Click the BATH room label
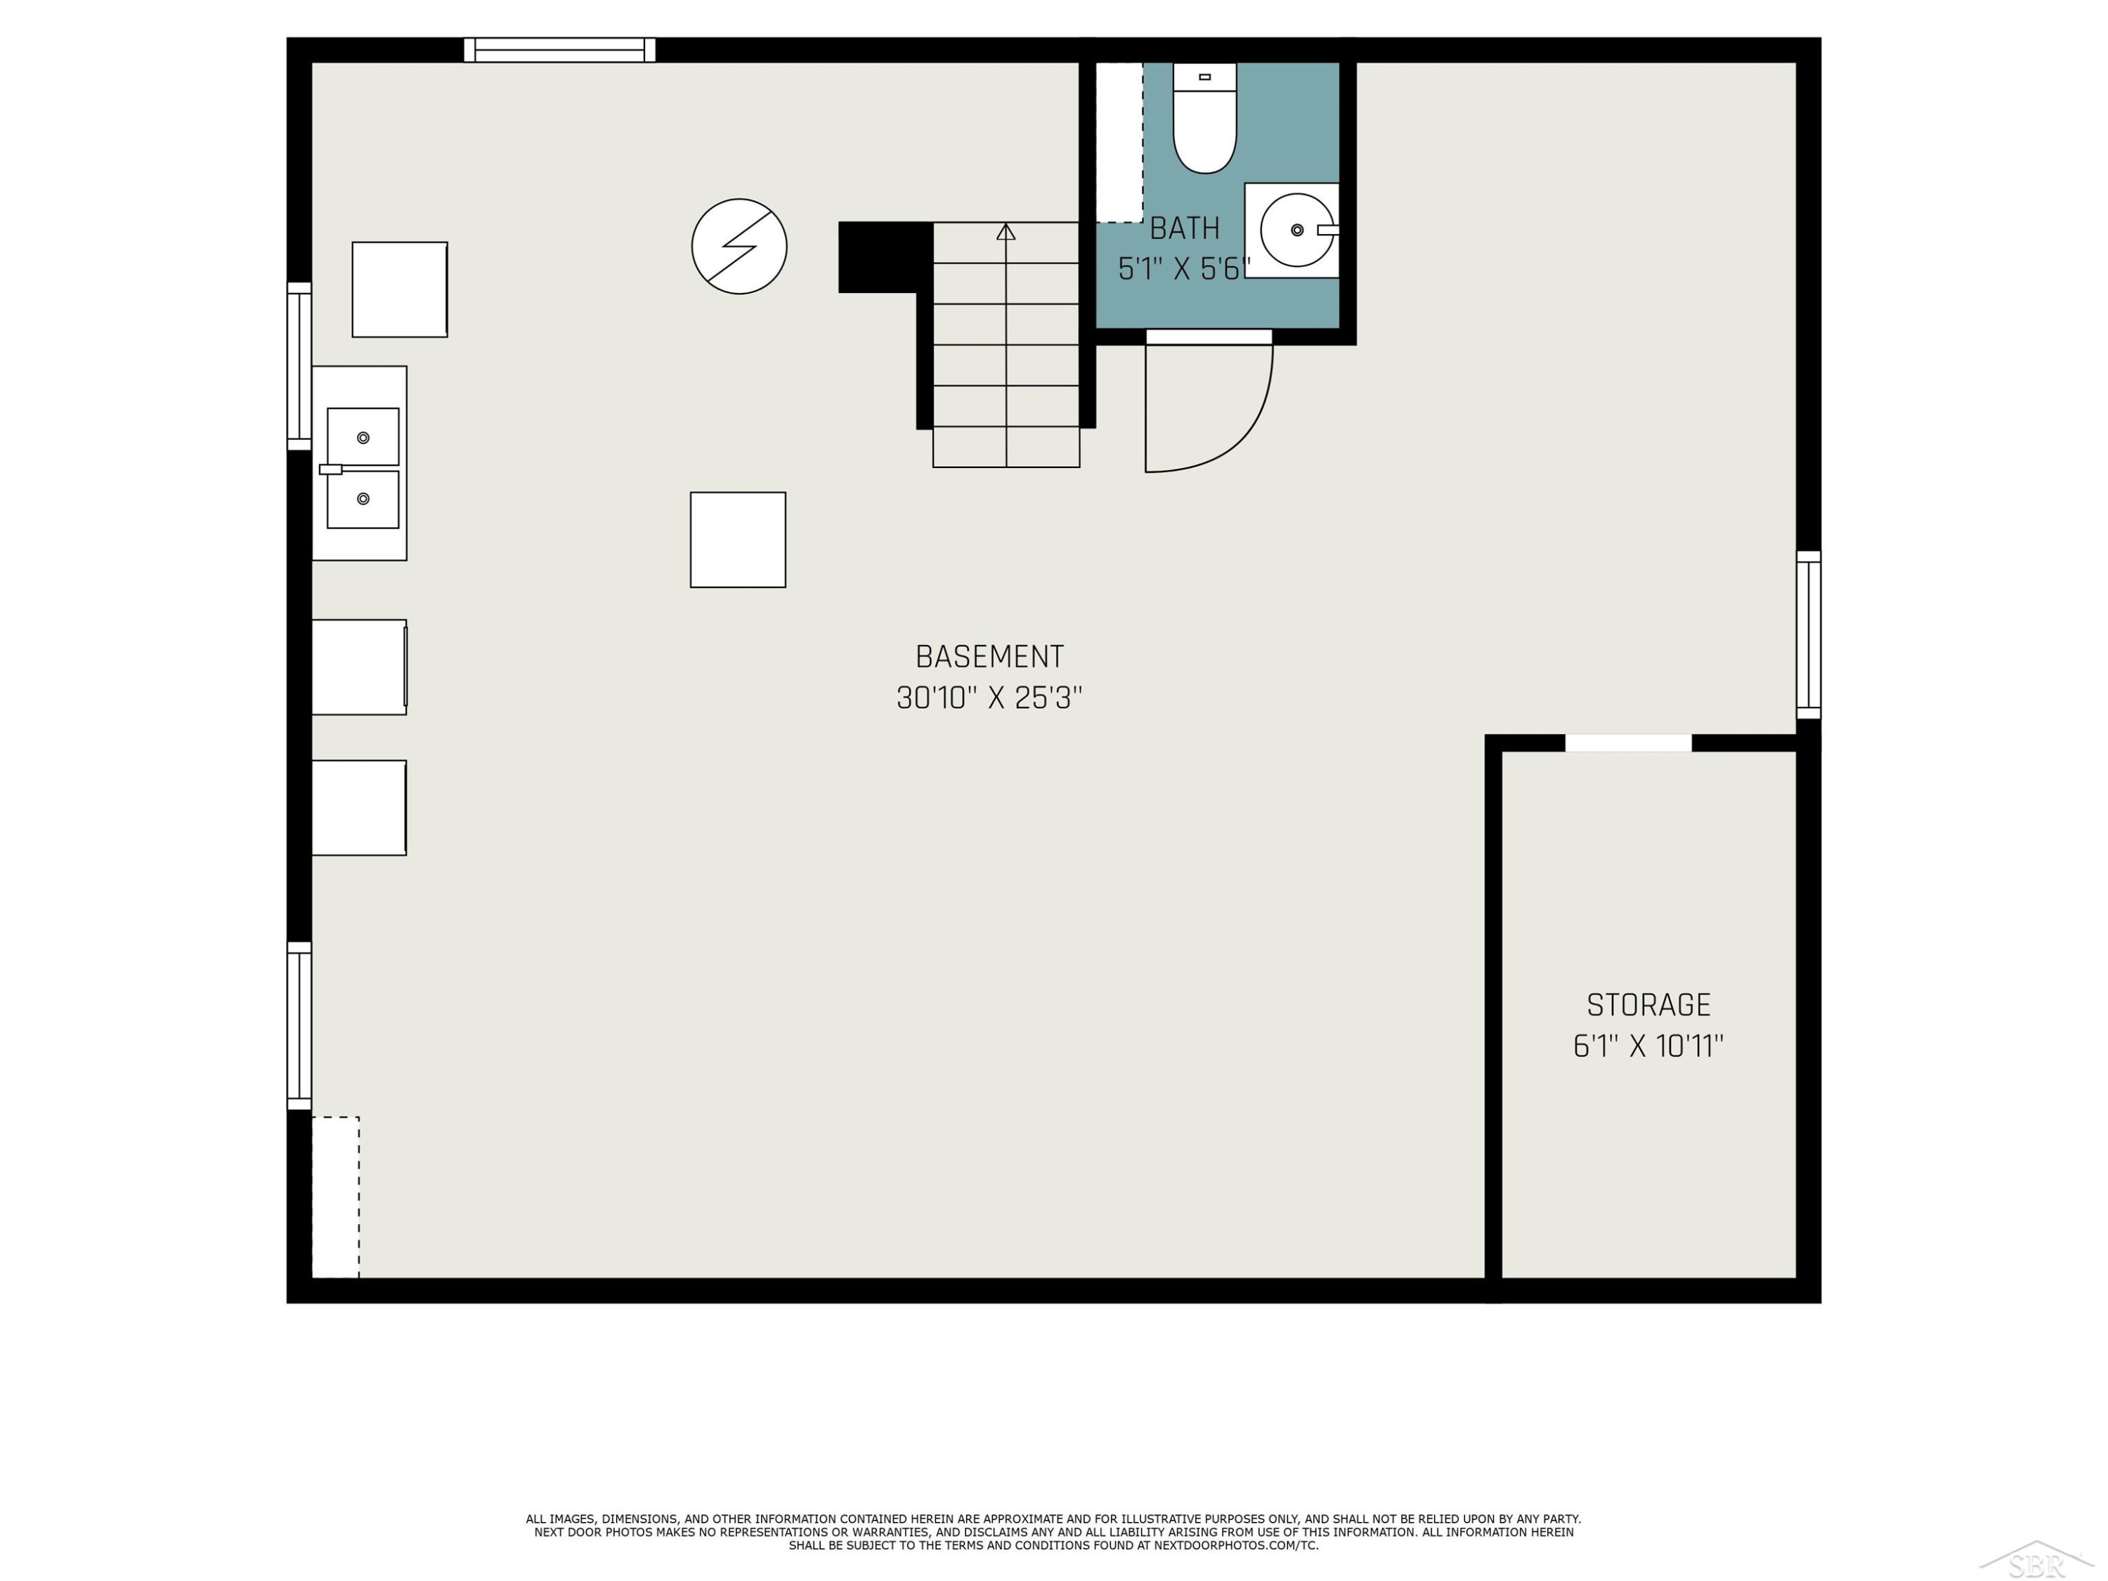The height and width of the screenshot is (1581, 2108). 1185,228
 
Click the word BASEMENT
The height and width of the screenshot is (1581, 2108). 989,656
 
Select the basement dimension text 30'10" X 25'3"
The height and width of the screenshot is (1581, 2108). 989,698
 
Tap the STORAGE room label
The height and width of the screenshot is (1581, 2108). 1648,1004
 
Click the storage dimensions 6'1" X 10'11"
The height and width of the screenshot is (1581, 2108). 1648,1046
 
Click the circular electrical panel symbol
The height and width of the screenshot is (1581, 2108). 739,246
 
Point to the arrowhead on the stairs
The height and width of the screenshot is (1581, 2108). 1006,232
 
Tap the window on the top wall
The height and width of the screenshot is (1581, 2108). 559,50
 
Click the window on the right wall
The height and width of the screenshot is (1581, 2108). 1808,635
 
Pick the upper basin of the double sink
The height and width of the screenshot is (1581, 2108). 363,436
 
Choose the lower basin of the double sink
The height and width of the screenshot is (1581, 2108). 363,500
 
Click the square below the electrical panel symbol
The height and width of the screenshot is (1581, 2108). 738,540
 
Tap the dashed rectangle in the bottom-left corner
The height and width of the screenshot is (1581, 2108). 335,1197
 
